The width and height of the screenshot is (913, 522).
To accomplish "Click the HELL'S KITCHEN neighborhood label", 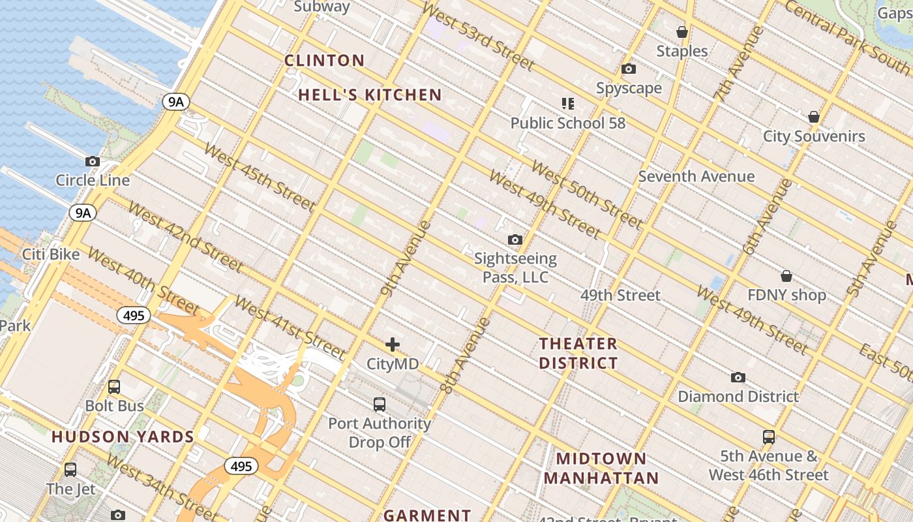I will [370, 95].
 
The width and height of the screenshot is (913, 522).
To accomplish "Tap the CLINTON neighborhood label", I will [324, 61].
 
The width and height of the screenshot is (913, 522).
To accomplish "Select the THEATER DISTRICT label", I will [578, 353].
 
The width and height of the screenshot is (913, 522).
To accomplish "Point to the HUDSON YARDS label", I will [123, 437].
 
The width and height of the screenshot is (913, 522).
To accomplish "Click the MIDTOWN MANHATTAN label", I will [601, 468].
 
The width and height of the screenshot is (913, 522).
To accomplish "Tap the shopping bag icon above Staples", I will [682, 32].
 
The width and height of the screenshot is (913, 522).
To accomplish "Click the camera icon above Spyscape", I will [629, 69].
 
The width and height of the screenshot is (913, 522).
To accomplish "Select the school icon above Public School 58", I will [567, 103].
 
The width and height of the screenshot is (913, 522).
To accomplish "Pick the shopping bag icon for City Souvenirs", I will [814, 117].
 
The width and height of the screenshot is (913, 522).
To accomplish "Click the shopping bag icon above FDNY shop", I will [786, 276].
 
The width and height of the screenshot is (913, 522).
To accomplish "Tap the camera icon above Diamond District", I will [738, 377].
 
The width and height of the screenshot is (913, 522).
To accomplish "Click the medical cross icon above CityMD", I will [393, 345].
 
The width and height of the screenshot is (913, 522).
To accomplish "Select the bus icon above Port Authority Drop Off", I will [380, 404].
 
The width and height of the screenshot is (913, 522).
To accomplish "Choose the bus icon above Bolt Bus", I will [114, 386].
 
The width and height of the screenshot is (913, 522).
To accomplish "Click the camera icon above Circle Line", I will [93, 161].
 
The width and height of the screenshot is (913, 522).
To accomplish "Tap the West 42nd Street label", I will [185, 236].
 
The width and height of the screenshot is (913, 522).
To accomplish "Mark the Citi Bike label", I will [51, 254].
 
